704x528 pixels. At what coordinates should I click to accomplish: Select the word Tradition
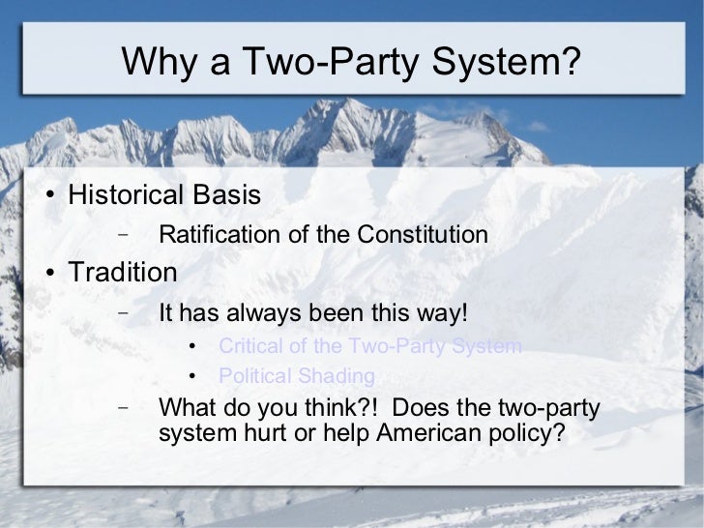coord(122,273)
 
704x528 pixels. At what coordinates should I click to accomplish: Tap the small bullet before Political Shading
coord(193,377)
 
